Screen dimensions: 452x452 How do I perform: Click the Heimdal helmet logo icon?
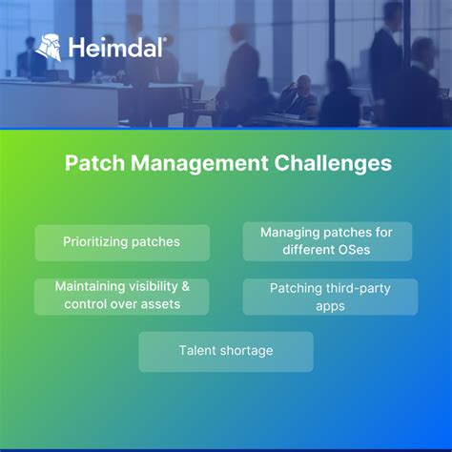[49, 48]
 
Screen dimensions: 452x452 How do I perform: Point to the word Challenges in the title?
[329, 163]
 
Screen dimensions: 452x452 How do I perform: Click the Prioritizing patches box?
[122, 242]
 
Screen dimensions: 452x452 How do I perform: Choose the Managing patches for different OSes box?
[327, 241]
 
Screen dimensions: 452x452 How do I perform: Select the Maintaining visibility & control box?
[122, 296]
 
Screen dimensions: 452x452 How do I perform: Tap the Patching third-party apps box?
[330, 296]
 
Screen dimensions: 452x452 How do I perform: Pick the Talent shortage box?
[226, 351]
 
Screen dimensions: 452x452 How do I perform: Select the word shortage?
[246, 351]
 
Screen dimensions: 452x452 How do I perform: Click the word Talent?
[197, 351]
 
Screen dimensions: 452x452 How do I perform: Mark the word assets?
[161, 304]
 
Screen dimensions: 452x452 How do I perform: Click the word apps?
[330, 305]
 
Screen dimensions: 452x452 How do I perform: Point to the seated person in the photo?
[298, 96]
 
